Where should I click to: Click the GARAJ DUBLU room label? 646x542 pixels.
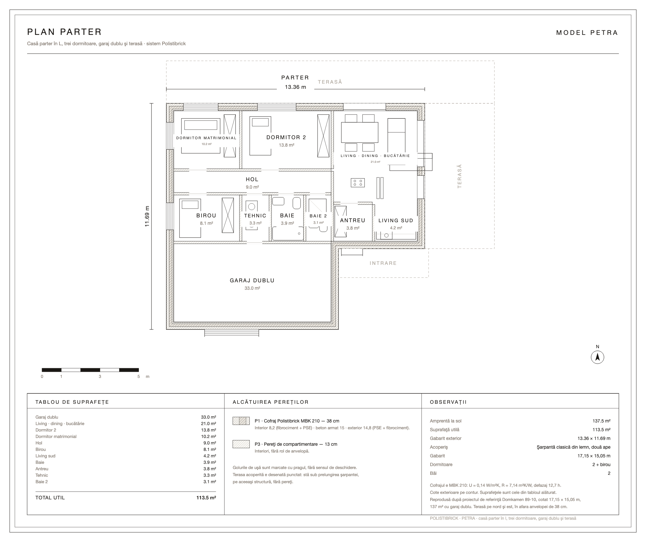pyautogui.click(x=252, y=280)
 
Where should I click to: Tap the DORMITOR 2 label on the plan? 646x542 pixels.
pyautogui.click(x=286, y=137)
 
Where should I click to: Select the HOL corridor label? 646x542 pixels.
pyautogui.click(x=252, y=179)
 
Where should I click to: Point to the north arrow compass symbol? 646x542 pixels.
pyautogui.click(x=597, y=357)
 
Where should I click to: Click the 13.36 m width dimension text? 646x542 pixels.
pyautogui.click(x=295, y=87)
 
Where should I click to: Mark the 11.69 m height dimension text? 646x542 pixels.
pyautogui.click(x=147, y=216)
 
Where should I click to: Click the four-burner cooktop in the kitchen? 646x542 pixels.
pyautogui.click(x=358, y=182)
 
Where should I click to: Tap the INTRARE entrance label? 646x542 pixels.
pyautogui.click(x=383, y=263)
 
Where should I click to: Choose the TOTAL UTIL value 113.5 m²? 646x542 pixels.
pyautogui.click(x=206, y=497)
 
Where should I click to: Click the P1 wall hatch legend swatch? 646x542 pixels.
pyautogui.click(x=241, y=421)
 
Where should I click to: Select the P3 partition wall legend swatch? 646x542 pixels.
pyautogui.click(x=241, y=444)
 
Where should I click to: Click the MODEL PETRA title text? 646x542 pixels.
pyautogui.click(x=587, y=33)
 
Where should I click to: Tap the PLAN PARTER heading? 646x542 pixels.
pyautogui.click(x=65, y=32)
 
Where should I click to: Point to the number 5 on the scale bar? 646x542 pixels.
pyautogui.click(x=139, y=376)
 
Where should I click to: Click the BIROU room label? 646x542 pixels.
pyautogui.click(x=206, y=215)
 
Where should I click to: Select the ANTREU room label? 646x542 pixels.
pyautogui.click(x=352, y=220)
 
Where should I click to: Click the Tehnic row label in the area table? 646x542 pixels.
pyautogui.click(x=42, y=475)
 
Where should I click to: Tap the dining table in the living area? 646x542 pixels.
pyautogui.click(x=359, y=132)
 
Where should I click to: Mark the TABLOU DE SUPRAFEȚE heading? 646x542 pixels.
pyautogui.click(x=72, y=402)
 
